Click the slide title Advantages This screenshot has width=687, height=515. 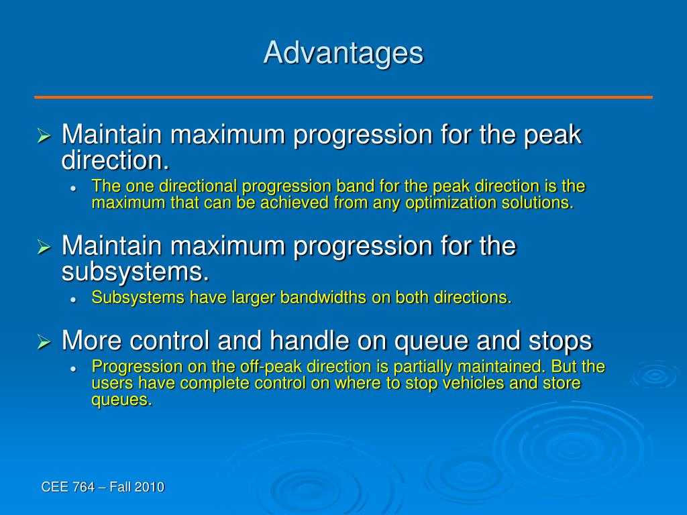point(343,54)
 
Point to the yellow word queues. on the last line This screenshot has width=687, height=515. point(122,400)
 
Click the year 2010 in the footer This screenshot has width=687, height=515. point(150,487)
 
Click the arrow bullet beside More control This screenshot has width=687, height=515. point(44,341)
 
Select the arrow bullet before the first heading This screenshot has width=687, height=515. point(44,135)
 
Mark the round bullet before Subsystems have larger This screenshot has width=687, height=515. point(74,300)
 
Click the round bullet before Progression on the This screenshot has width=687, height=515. point(74,369)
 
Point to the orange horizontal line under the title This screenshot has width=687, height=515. point(343,97)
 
